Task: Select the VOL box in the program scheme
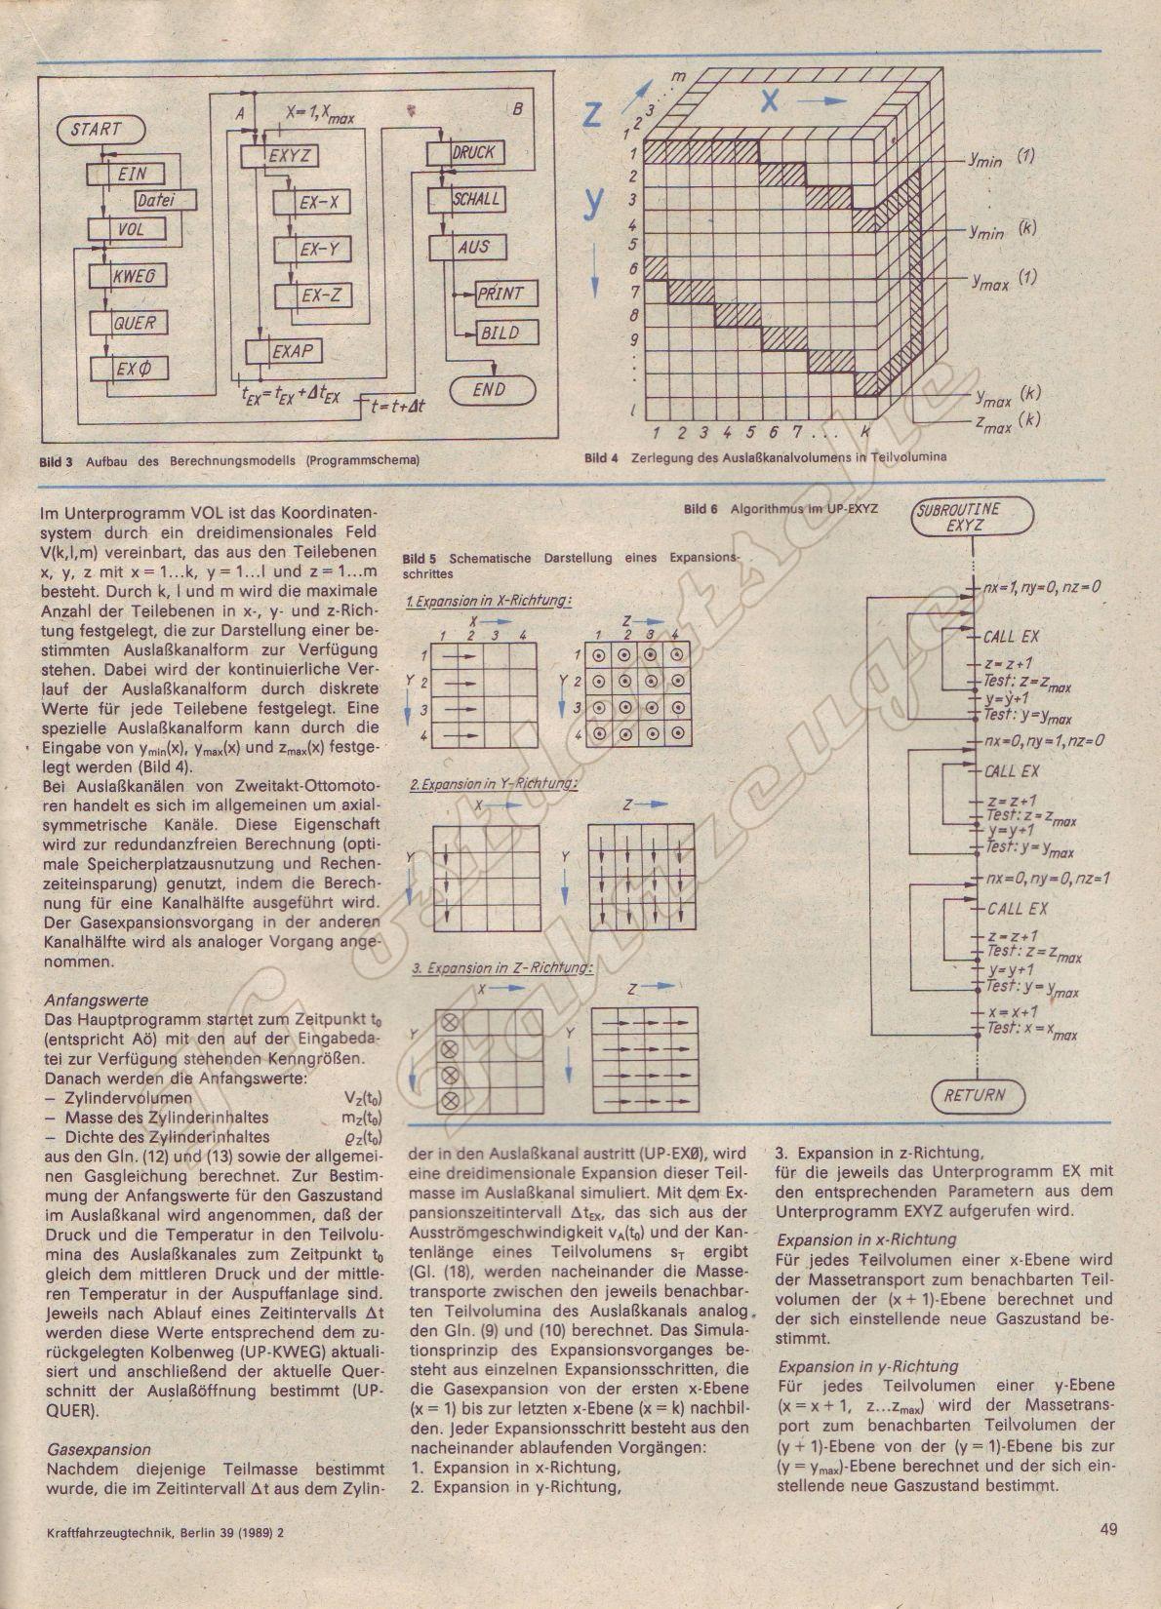pos(127,230)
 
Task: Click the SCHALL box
pos(474,199)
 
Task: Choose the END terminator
pos(488,389)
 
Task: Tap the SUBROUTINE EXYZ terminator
pos(971,517)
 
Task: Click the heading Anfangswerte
pos(97,1001)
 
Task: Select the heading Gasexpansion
pos(99,1449)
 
